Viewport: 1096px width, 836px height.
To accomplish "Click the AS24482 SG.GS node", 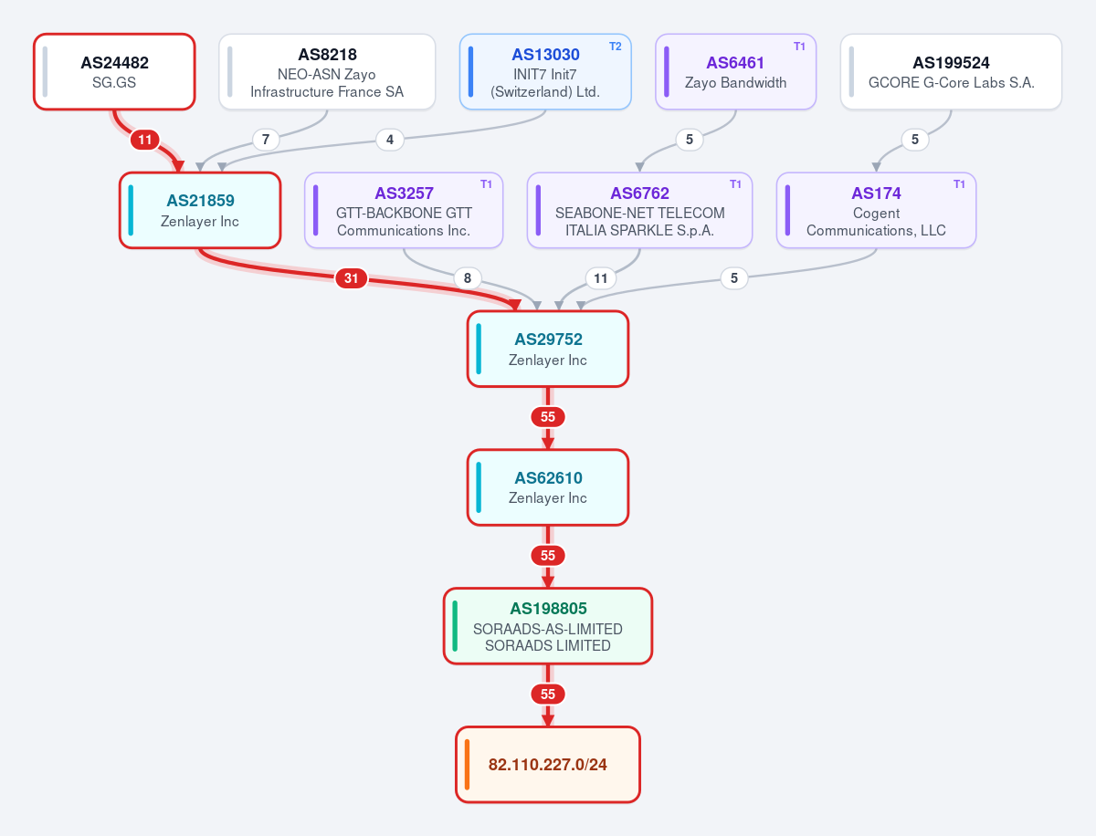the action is coord(114,72).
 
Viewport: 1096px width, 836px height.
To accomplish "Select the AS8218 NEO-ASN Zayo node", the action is coord(327,72).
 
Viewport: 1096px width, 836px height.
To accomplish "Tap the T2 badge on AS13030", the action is coord(616,47).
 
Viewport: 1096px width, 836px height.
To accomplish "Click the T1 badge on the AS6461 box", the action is coord(799,47).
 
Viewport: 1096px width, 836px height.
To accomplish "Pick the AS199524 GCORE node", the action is coord(951,72).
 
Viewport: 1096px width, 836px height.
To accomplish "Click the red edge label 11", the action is coord(145,140).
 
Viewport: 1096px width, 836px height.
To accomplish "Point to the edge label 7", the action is coord(266,139).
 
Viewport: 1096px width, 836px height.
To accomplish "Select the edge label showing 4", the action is coord(390,139).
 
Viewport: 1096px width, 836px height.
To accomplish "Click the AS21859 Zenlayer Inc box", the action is coord(200,210).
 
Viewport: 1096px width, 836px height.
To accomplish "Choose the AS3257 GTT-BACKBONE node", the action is coord(404,210).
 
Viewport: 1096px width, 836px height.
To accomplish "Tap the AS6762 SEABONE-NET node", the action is coord(639,210).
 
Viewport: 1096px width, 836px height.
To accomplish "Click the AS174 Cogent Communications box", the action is coord(876,210).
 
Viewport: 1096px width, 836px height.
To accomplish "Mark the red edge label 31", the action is coord(351,277).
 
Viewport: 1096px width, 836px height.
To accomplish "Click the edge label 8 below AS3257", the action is coord(468,277).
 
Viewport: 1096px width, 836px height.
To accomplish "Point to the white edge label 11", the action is coord(601,277).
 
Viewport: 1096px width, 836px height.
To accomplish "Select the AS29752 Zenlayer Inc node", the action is coord(548,349).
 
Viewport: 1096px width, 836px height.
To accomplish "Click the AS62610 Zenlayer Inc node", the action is coord(548,487).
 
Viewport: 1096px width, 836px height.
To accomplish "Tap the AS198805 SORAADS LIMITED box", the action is coord(548,626).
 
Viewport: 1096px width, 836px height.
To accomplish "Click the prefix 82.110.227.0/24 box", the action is coord(548,765).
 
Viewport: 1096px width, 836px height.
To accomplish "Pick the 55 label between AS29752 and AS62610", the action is coord(548,416).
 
